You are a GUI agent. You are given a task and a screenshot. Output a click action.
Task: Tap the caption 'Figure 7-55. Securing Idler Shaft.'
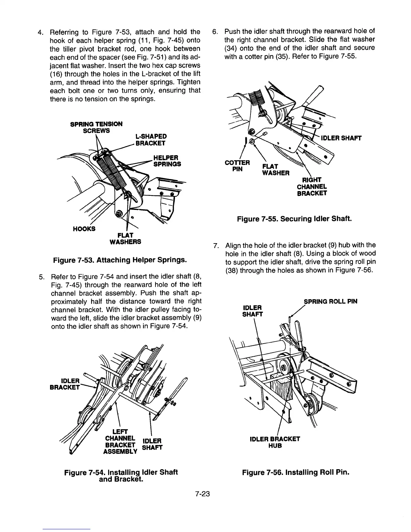[294, 219]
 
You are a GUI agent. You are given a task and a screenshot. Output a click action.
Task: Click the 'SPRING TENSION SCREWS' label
[96, 127]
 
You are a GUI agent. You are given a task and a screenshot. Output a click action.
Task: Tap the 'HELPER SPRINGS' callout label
[167, 161]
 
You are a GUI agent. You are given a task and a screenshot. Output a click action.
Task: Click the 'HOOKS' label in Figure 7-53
[84, 229]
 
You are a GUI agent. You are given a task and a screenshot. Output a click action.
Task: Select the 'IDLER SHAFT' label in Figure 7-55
[341, 138]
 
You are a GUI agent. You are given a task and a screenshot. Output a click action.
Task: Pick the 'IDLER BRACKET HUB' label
[275, 442]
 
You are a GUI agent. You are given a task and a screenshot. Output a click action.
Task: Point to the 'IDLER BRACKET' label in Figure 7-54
[65, 384]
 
